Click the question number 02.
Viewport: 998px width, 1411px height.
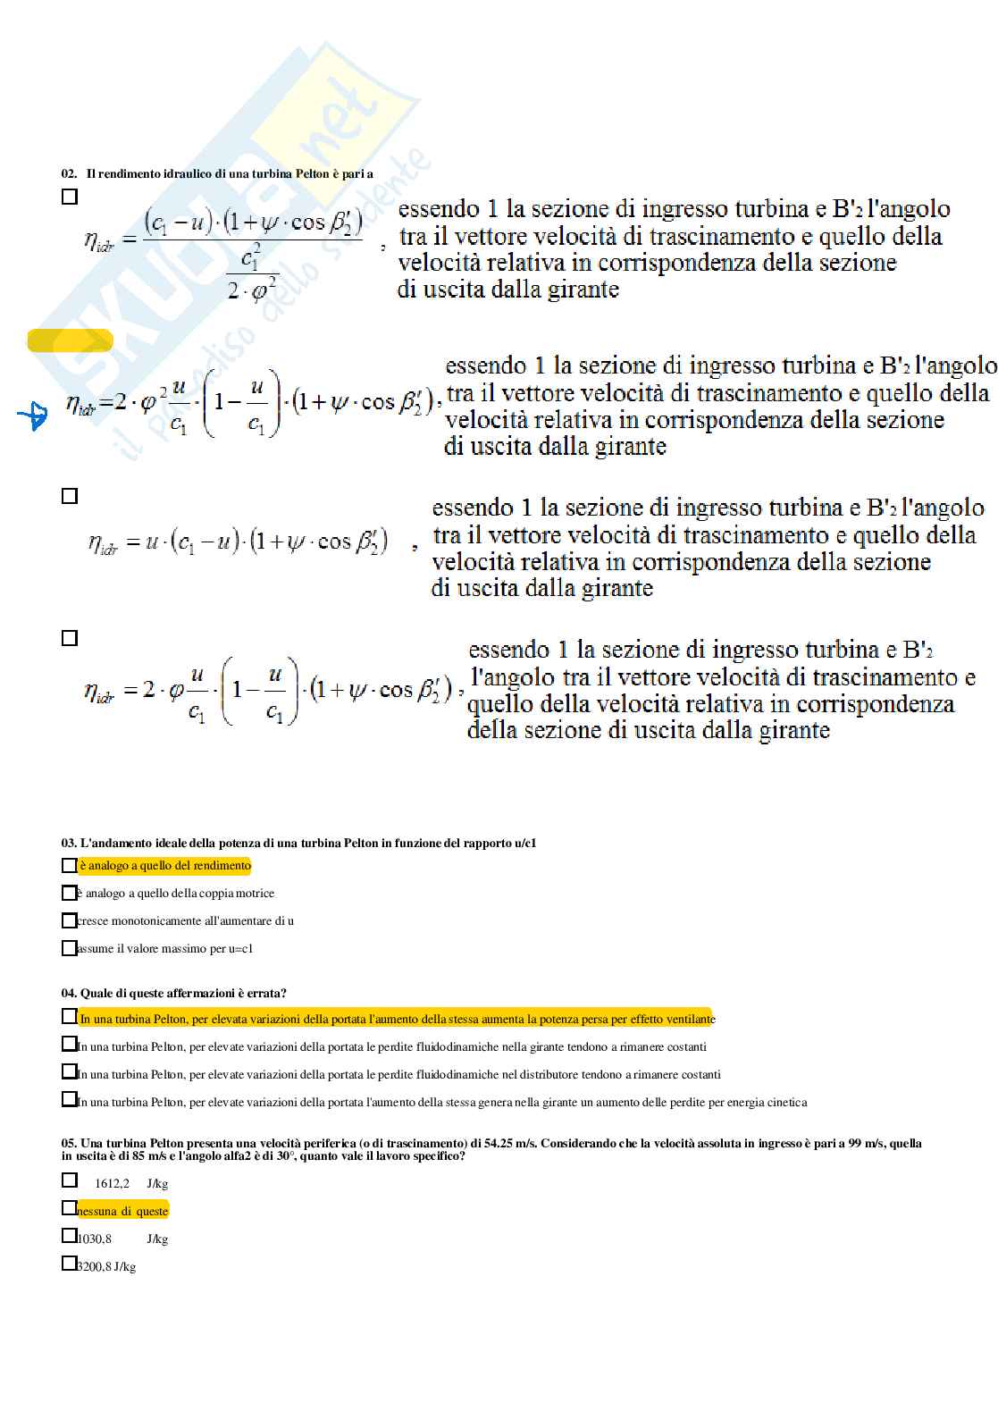coord(69,174)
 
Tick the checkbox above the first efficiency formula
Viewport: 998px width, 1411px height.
coord(70,197)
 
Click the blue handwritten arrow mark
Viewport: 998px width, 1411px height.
coord(33,416)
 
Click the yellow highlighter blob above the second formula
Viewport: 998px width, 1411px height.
coord(71,340)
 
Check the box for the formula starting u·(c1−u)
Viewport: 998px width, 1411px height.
coord(70,496)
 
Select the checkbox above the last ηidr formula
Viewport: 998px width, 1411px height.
coord(70,638)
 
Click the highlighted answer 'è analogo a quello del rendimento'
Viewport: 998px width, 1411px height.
coord(165,866)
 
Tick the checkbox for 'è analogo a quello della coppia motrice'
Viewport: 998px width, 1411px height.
coord(69,893)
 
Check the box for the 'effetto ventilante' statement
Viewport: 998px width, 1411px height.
coord(69,1017)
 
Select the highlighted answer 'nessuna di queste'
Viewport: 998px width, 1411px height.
coord(122,1211)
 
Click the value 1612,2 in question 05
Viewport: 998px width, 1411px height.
coord(113,1184)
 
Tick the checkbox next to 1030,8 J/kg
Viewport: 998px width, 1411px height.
coord(69,1236)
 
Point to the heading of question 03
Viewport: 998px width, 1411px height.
coord(299,843)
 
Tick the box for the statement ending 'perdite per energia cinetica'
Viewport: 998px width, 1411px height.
coord(69,1099)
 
